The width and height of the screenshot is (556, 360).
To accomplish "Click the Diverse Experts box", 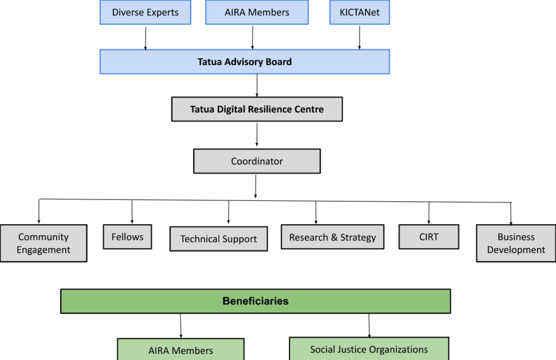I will pos(145,12).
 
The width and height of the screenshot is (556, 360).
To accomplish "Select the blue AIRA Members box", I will pos(257,12).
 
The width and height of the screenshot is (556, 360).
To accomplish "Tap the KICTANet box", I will pos(359,12).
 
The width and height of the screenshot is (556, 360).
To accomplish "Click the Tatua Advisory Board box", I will pos(244,62).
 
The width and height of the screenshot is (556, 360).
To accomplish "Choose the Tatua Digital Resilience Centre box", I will pos(257,109).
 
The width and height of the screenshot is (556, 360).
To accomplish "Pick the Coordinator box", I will pos(257,161).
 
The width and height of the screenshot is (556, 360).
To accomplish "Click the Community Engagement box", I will pos(43,243).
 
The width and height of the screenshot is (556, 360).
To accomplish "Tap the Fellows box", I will pos(128,237).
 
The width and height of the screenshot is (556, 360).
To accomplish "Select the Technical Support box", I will pos(218,239).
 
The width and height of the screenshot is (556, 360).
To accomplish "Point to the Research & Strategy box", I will pos(332,237).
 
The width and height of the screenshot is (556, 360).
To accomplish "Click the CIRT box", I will pos(429,237).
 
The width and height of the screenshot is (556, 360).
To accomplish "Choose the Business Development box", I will pos(516,243).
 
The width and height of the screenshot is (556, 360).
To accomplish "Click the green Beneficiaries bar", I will pos(255,301).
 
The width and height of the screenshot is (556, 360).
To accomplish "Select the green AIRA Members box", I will pos(180,350).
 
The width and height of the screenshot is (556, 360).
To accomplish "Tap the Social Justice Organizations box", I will pos(369,349).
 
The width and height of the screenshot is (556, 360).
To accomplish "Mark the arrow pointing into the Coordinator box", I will pos(257,135).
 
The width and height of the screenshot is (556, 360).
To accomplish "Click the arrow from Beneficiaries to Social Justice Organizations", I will pos(369,325).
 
